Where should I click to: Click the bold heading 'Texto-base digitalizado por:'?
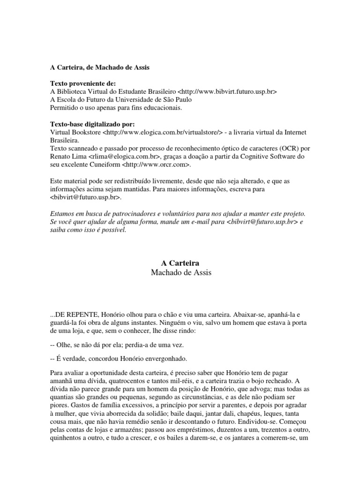(x=92, y=124)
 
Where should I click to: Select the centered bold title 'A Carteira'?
(x=180, y=263)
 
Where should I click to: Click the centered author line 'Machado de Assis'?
(x=180, y=272)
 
